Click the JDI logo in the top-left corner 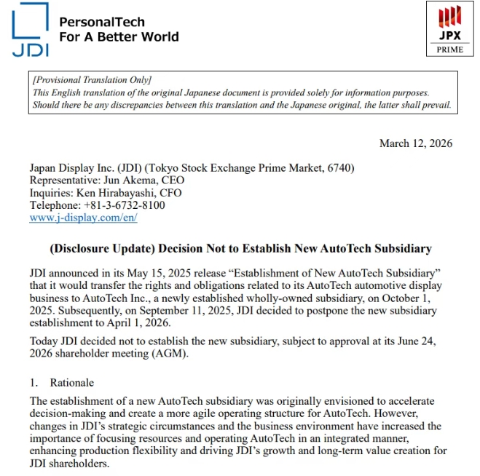point(30,29)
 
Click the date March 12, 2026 point(415,143)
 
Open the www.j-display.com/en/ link point(83,218)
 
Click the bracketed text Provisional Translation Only point(92,80)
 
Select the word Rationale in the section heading point(71,383)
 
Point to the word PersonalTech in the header point(101,23)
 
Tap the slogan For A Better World point(118,36)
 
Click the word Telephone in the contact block point(52,205)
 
